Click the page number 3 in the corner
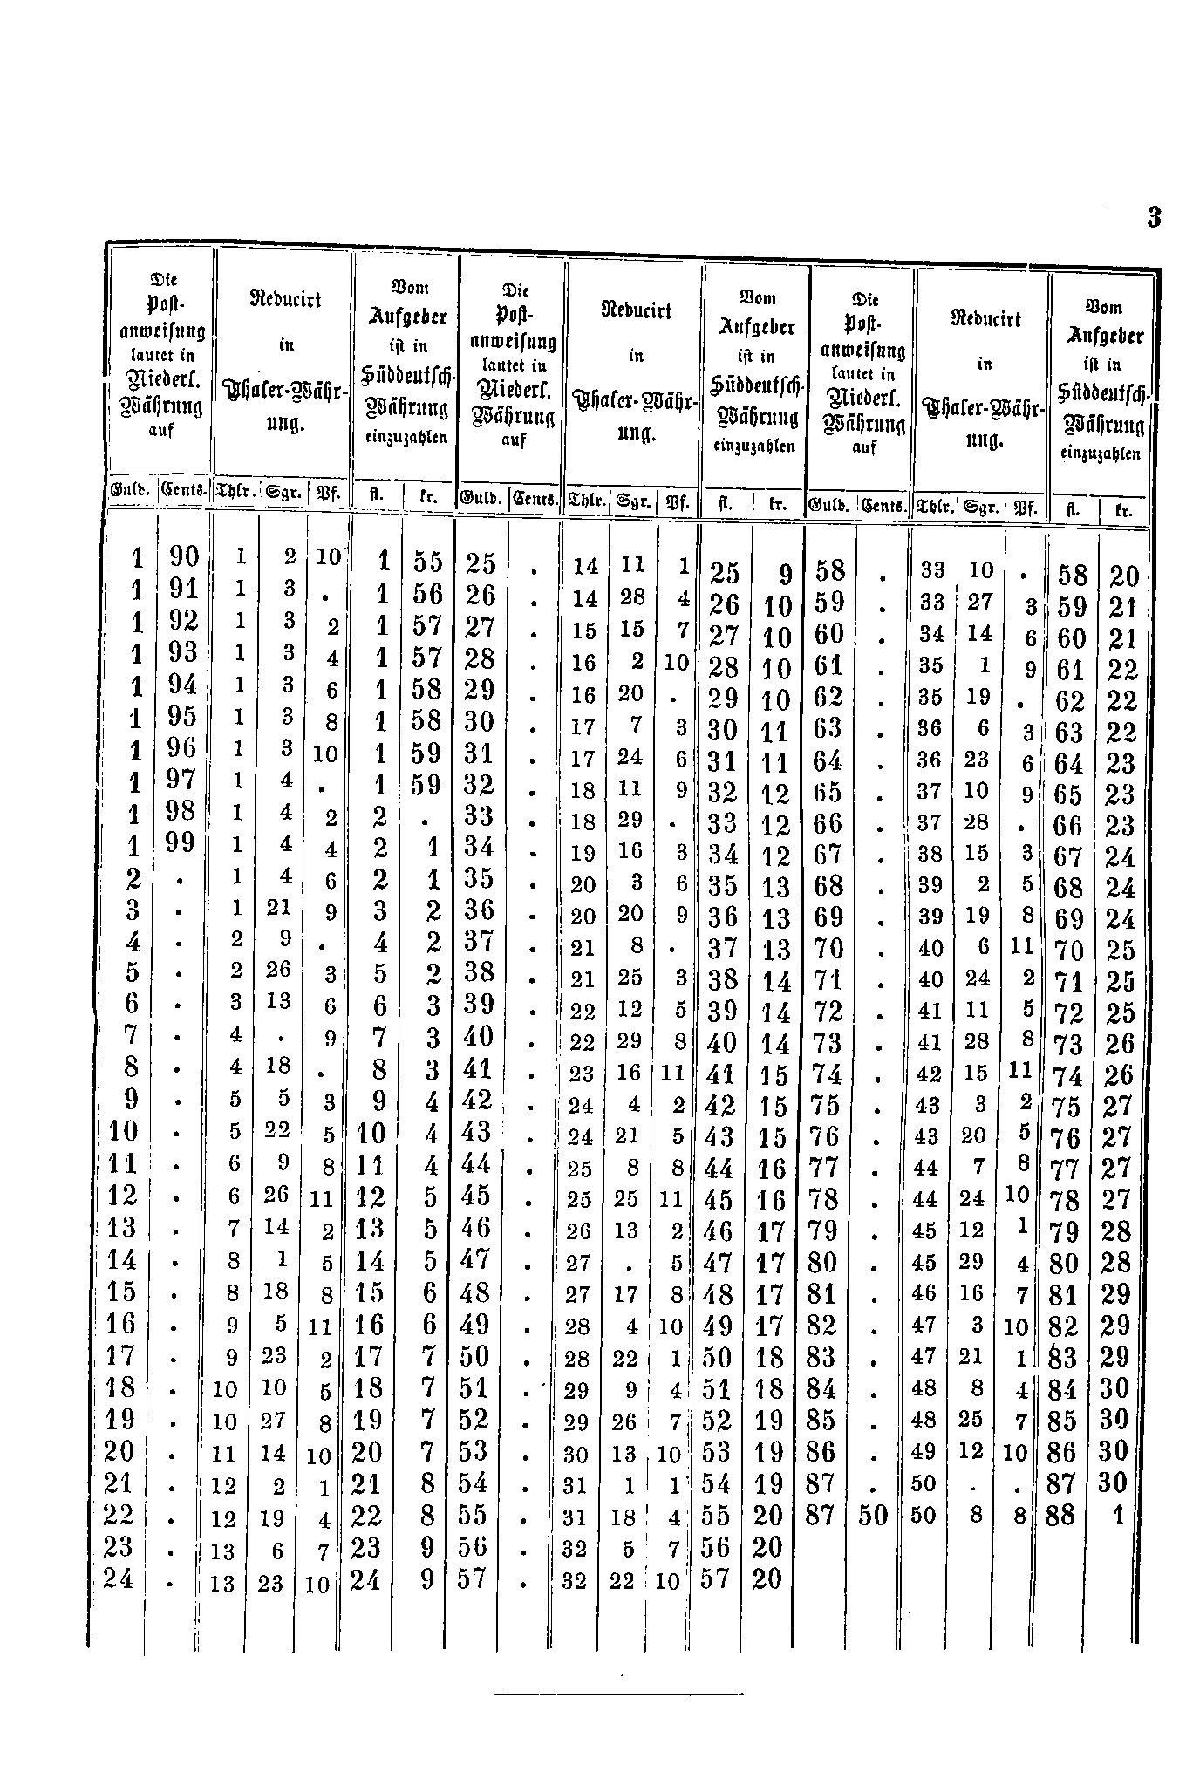coord(1154,217)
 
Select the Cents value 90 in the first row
coord(184,557)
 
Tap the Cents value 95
coord(184,716)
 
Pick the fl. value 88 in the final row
coord(1061,1516)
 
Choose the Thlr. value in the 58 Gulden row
coord(932,571)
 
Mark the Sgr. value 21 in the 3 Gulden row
coord(279,908)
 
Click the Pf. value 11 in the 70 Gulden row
coord(1022,945)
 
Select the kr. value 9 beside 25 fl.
coord(786,575)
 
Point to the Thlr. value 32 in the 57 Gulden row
coord(575,1580)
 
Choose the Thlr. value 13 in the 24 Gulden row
coord(224,1583)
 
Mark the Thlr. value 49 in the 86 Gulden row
coord(925,1452)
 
